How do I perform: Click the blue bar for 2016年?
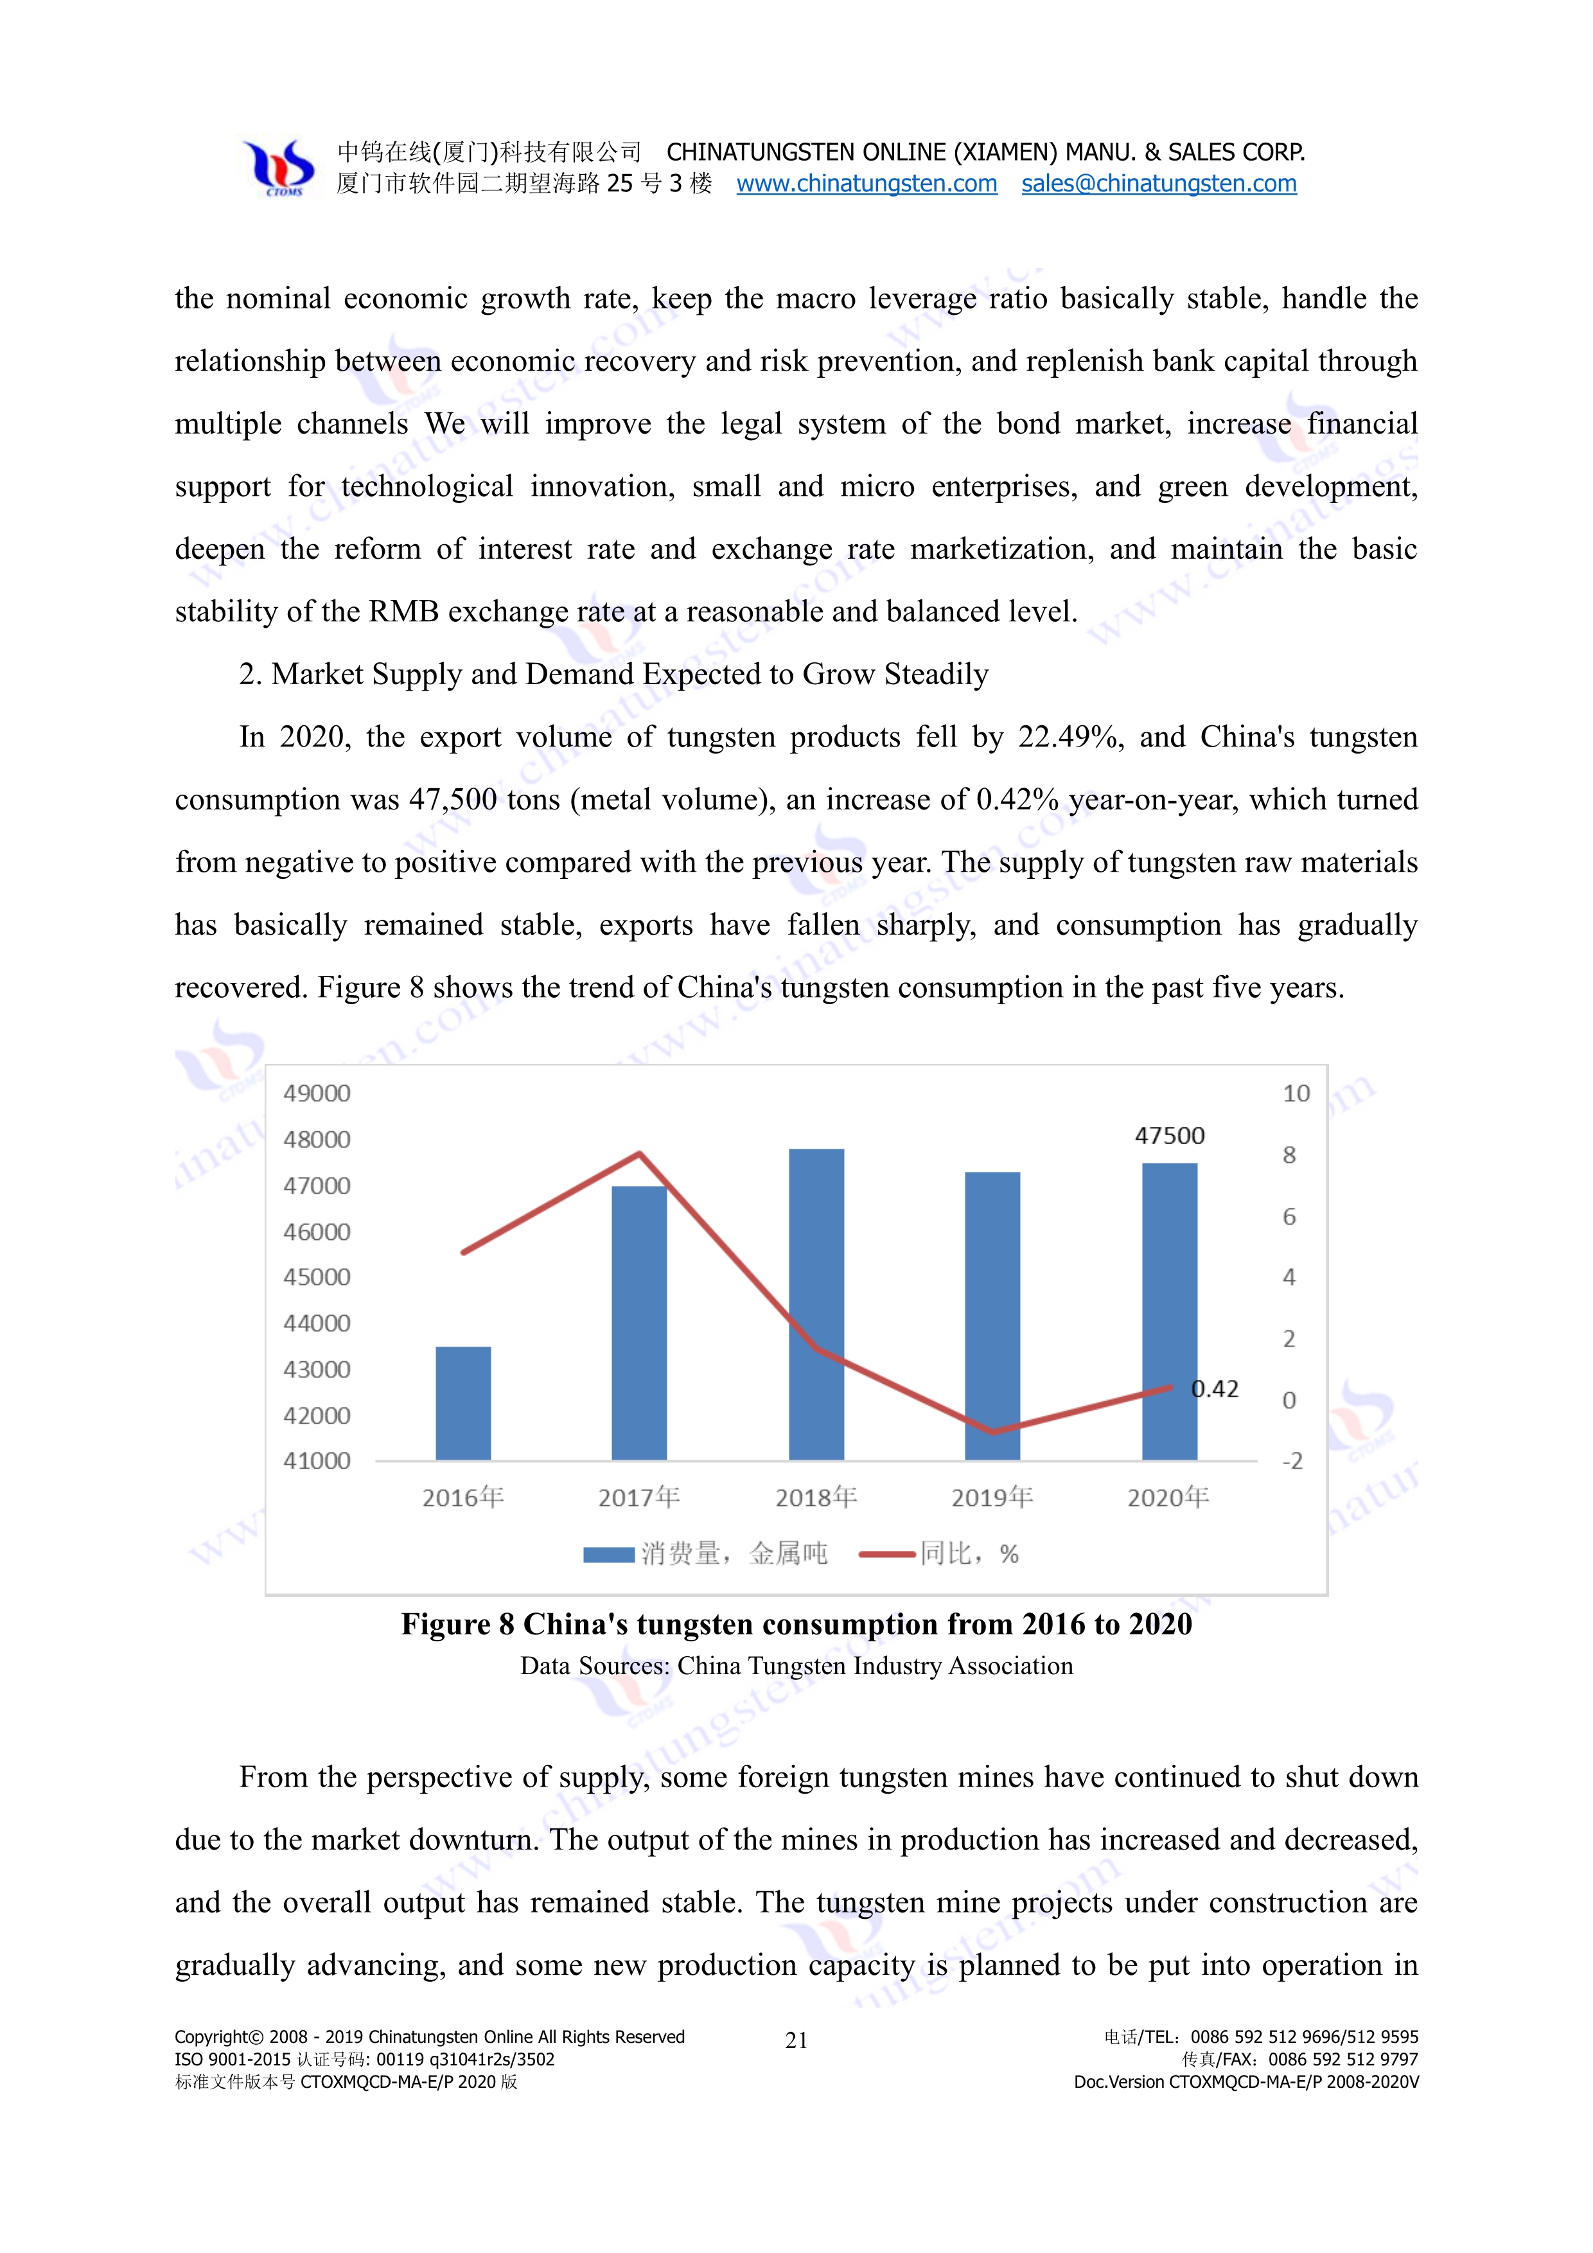point(463,1403)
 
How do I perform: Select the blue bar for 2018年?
point(816,1305)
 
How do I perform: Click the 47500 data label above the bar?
point(1169,1135)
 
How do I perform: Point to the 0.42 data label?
point(1215,1388)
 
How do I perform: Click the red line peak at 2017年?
point(640,1154)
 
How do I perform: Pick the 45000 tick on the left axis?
point(316,1277)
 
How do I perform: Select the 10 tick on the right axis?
point(1296,1093)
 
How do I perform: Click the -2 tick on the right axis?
point(1293,1461)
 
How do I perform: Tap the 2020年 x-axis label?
point(1167,1498)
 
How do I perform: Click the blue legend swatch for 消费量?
point(608,1554)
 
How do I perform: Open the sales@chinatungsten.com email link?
point(1158,184)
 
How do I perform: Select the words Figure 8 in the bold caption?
point(457,1624)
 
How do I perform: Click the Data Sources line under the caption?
point(796,1665)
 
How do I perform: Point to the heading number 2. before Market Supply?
point(250,674)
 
